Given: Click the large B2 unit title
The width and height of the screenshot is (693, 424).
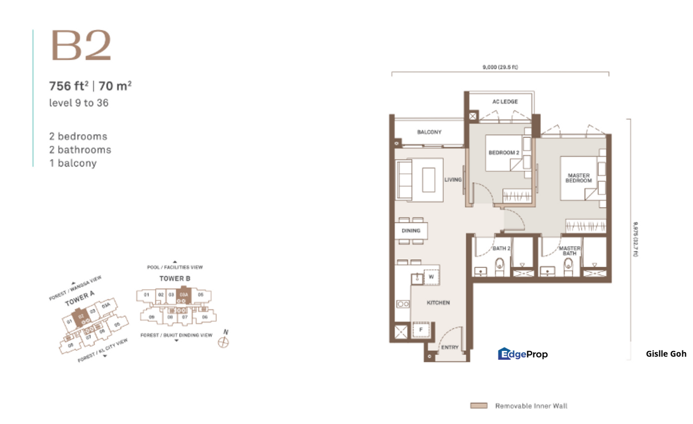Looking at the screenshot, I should (81, 46).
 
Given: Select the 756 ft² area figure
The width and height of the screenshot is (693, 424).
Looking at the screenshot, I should (68, 86).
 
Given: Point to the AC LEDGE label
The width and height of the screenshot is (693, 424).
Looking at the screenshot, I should (504, 102).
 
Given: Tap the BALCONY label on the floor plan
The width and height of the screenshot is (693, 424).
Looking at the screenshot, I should (429, 132).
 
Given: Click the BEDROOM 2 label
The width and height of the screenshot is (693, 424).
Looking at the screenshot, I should (504, 153).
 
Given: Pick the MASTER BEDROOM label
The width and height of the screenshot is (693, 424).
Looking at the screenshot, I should (578, 178).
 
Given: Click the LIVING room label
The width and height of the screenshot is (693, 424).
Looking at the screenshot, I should (453, 180).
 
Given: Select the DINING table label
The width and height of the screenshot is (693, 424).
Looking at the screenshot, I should (411, 231).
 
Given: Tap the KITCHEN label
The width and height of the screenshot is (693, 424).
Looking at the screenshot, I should (438, 303).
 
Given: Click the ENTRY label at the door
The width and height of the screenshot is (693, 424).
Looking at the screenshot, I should (450, 347).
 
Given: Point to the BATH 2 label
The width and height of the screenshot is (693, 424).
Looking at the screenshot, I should (501, 249).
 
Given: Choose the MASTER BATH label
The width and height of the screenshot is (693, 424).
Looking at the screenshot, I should (569, 251).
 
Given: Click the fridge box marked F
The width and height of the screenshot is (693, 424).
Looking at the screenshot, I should (420, 330).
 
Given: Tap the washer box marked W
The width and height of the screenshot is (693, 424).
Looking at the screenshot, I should (431, 276).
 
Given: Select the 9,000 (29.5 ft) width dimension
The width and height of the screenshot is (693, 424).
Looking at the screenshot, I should (500, 67).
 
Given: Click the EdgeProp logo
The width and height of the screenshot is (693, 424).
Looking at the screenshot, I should (523, 354).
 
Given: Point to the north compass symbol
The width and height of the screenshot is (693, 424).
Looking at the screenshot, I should (223, 342).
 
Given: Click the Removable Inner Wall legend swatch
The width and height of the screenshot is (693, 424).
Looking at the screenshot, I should (478, 406).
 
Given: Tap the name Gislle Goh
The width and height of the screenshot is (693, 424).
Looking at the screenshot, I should (666, 354).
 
